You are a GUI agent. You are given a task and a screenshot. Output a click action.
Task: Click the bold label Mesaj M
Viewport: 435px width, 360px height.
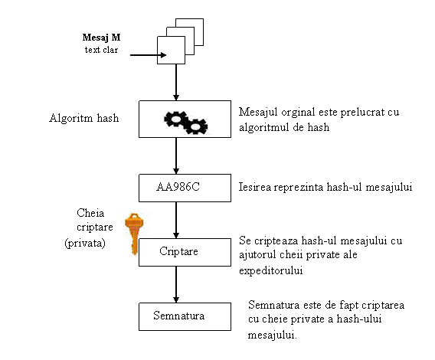pyautogui.click(x=101, y=38)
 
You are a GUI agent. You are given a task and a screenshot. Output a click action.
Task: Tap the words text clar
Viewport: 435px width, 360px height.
pyautogui.click(x=101, y=50)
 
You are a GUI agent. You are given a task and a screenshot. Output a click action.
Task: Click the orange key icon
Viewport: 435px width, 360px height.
pyautogui.click(x=134, y=234)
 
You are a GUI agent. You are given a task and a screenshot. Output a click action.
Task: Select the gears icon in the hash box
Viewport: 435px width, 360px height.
pyautogui.click(x=185, y=123)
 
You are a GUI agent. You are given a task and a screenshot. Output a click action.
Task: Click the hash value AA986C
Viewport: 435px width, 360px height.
pyautogui.click(x=178, y=187)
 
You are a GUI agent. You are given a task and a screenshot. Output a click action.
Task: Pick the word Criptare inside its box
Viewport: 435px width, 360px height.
pyautogui.click(x=178, y=251)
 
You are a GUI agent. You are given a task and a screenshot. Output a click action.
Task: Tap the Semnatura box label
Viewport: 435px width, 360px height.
pyautogui.click(x=179, y=316)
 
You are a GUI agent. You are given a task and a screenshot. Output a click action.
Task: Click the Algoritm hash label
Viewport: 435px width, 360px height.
pyautogui.click(x=84, y=118)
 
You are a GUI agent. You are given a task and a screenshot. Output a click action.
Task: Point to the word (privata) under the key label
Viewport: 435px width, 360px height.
pyautogui.click(x=85, y=243)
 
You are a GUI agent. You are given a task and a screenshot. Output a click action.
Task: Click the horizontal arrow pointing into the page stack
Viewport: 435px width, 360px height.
pyautogui.click(x=148, y=55)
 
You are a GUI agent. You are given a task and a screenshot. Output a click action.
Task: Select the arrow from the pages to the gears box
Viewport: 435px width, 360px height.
pyautogui.click(x=176, y=82)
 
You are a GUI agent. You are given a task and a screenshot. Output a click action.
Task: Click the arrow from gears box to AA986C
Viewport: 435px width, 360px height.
pyautogui.click(x=176, y=155)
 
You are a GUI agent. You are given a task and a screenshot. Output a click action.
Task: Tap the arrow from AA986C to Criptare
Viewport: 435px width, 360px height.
pyautogui.click(x=176, y=220)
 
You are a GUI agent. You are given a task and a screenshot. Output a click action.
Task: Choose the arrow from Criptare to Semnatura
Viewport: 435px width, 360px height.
pyautogui.click(x=176, y=284)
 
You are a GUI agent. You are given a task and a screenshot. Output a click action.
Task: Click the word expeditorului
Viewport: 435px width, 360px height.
pyautogui.click(x=270, y=270)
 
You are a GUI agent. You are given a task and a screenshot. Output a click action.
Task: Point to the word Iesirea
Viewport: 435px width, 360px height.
pyautogui.click(x=255, y=187)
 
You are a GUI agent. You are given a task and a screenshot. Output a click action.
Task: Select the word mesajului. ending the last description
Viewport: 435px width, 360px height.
pyautogui.click(x=272, y=335)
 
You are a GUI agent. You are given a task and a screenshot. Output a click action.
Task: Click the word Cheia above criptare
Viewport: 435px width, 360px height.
pyautogui.click(x=90, y=213)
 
